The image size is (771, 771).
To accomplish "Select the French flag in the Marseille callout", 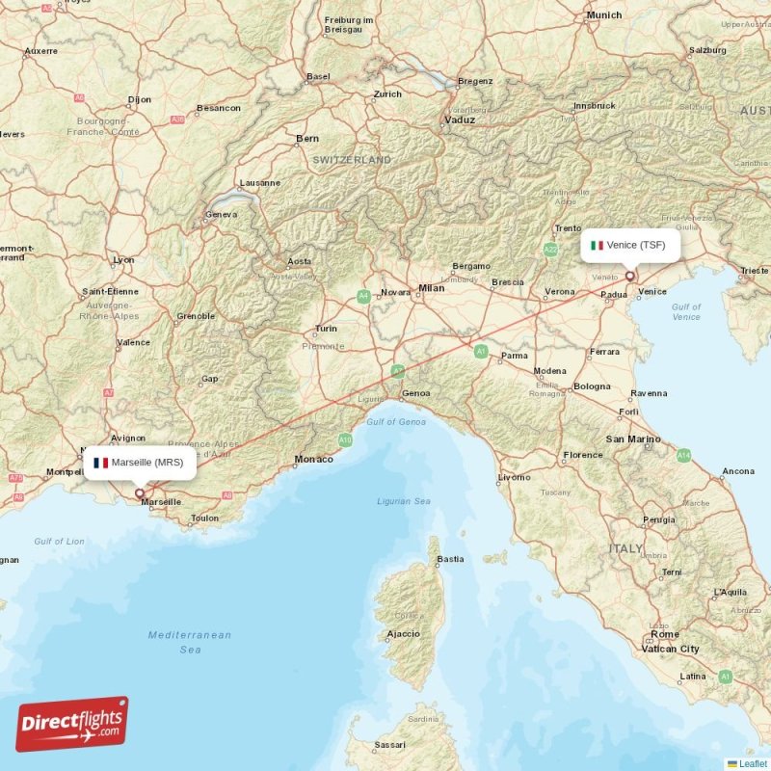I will click(x=100, y=463).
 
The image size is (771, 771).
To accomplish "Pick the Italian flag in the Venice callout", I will click(x=597, y=245).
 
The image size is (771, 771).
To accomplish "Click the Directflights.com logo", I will click(x=72, y=724).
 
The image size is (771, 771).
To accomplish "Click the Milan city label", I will click(x=432, y=288).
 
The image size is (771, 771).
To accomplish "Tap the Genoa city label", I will click(x=415, y=393).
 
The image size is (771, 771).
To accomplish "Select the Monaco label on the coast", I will click(x=314, y=460).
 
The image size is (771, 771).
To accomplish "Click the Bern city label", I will click(x=307, y=139).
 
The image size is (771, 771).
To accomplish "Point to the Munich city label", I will click(x=604, y=15).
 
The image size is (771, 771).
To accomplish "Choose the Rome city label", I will click(x=665, y=634).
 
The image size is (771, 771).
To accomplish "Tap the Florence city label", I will click(x=583, y=455).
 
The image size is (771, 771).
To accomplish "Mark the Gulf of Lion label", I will click(x=59, y=541).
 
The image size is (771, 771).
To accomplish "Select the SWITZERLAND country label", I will click(x=352, y=159).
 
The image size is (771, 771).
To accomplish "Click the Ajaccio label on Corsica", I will click(x=403, y=633).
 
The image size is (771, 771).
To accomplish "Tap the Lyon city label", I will click(x=123, y=260).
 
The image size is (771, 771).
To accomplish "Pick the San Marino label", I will click(x=632, y=439).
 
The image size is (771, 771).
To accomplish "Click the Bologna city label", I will click(x=593, y=386).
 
